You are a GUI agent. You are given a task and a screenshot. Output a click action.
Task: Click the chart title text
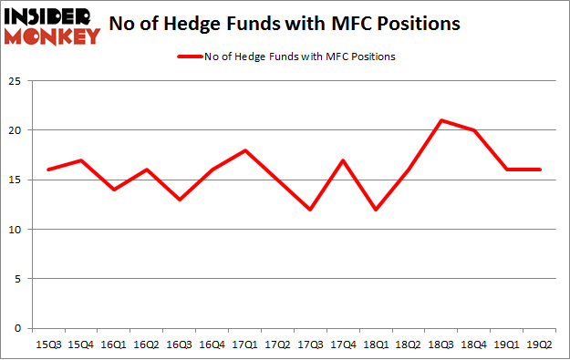pos(285,26)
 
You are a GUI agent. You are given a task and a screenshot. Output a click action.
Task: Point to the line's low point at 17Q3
pos(309,210)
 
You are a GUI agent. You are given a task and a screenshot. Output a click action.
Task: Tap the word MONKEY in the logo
pos(53,36)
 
